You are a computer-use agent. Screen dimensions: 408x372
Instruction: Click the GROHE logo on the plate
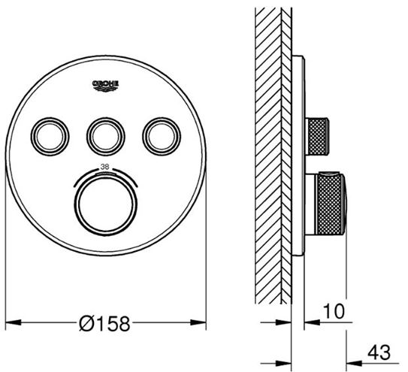[106, 86]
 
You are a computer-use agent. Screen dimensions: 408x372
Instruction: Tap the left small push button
[50, 137]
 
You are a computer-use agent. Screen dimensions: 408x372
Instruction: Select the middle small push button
[106, 137]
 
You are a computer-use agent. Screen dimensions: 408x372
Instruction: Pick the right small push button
[162, 137]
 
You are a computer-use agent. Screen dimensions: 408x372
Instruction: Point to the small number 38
[104, 167]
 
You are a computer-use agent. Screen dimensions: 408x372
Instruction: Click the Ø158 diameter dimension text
[104, 324]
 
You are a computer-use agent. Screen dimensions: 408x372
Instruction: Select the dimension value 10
[334, 311]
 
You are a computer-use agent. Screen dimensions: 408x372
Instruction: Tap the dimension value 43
[379, 352]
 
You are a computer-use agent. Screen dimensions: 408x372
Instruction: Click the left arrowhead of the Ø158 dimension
[13, 322]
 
